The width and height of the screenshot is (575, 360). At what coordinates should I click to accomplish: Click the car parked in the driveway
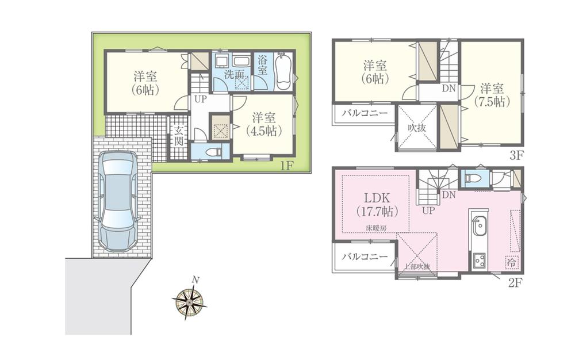click(118, 201)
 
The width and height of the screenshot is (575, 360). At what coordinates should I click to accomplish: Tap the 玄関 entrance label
click(179, 137)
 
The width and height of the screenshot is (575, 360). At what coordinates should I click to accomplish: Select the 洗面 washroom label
click(233, 74)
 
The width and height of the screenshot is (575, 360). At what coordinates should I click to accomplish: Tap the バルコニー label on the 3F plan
click(363, 113)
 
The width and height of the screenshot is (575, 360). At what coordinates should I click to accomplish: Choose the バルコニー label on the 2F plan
click(363, 257)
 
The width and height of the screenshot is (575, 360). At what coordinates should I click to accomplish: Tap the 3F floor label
click(515, 155)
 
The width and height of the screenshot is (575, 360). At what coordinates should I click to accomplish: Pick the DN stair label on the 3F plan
click(449, 89)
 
